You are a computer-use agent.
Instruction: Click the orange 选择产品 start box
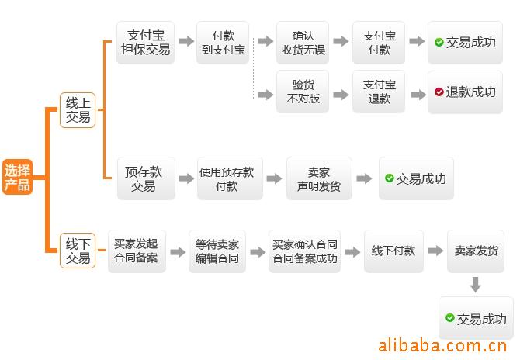pos(17,177)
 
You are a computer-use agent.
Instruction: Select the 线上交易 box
pos(78,110)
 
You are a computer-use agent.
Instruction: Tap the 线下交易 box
pos(78,251)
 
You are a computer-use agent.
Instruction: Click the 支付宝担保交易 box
pos(145,43)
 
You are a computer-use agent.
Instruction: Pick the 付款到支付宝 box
pos(223,43)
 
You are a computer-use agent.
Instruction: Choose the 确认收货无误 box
pos(303,43)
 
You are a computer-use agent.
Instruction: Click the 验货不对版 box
pos(303,92)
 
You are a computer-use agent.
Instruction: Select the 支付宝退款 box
pos(379,92)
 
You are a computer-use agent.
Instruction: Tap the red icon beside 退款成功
pos(439,92)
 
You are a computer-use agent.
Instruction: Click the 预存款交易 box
pos(146,178)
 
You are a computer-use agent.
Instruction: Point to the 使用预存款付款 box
pos(230,178)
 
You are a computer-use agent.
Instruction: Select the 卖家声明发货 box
pos(319,178)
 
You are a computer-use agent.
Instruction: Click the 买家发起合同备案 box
pos(137,251)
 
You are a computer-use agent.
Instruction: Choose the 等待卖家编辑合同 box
pos(217,251)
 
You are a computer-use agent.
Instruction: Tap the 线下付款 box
pos(393,251)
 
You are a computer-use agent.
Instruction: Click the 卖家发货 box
pos(476,251)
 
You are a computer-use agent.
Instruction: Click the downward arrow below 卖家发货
pos(476,285)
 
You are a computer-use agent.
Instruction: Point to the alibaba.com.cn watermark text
pos(442,345)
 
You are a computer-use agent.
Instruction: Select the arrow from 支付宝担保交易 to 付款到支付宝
pos(186,41)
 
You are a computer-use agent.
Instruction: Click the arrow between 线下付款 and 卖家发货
pos(435,251)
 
